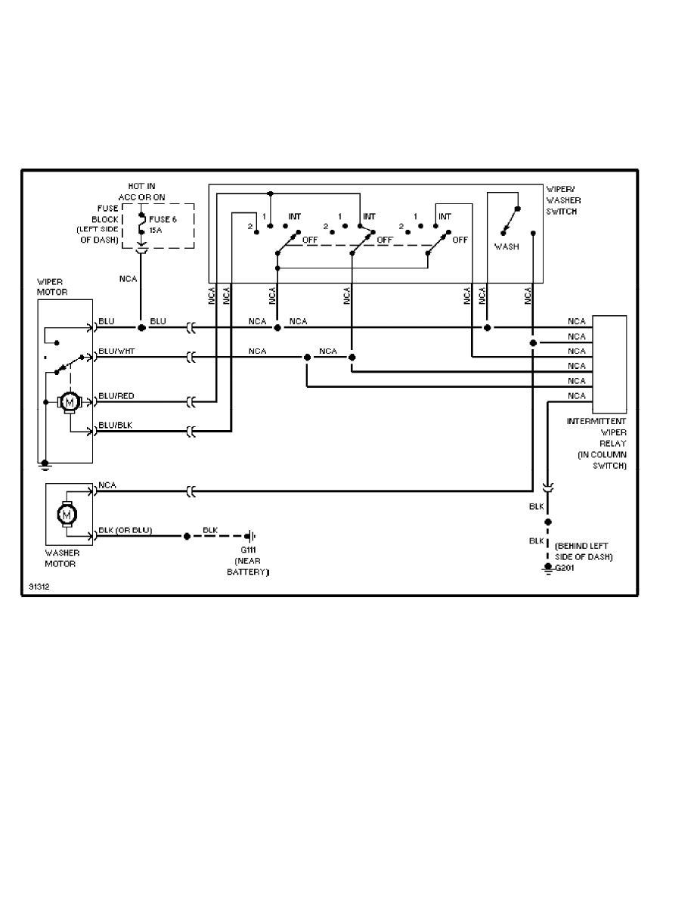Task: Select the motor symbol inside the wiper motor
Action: (70, 402)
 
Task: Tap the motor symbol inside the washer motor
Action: (65, 513)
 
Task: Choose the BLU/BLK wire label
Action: (115, 426)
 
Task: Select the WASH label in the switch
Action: (507, 246)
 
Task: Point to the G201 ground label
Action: (565, 568)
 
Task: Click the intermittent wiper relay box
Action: (610, 359)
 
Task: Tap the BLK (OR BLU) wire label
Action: (125, 530)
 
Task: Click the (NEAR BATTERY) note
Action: (249, 568)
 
